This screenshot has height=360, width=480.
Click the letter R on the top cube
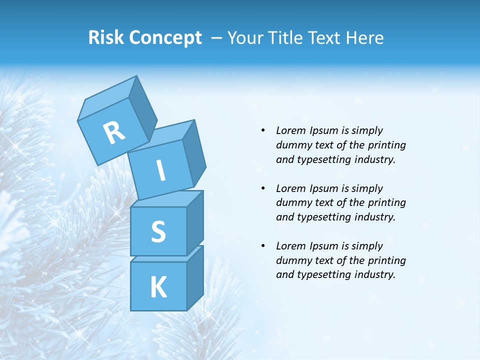click(x=114, y=133)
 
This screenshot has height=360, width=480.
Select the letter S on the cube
click(x=158, y=231)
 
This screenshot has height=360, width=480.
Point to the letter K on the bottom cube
click(x=158, y=287)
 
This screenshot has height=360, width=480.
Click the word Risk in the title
click(x=106, y=37)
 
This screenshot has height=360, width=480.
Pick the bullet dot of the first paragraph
click(x=263, y=131)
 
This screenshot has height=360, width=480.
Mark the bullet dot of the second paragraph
click(x=263, y=188)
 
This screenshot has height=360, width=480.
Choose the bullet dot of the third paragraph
click(x=263, y=246)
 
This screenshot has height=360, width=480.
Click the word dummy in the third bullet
click(x=292, y=260)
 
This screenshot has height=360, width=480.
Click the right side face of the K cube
click(x=195, y=277)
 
